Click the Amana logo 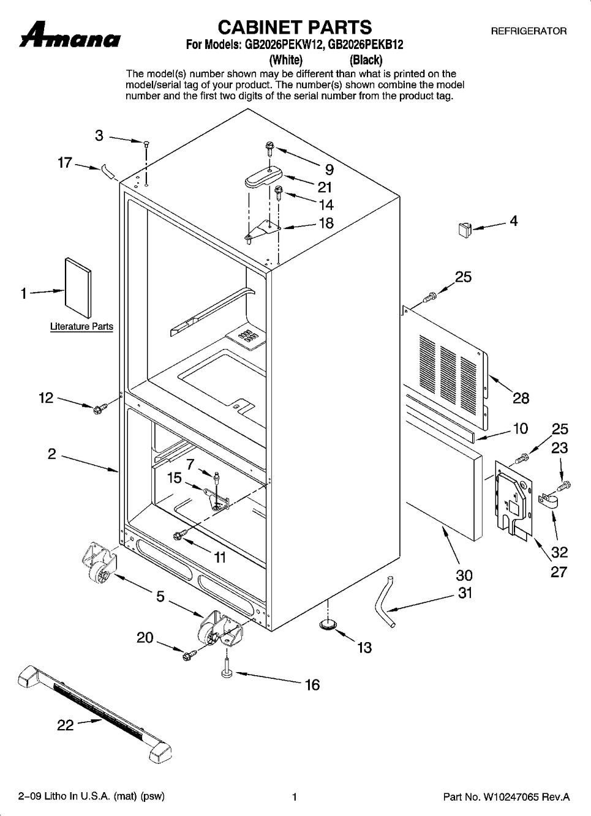point(69,35)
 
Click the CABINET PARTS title point(295,28)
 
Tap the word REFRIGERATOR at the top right point(529,31)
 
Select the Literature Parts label point(81,326)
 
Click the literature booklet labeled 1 point(78,288)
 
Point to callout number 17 point(65,163)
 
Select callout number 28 point(521,398)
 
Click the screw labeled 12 point(99,408)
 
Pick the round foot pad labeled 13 point(328,624)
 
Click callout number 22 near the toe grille point(66,733)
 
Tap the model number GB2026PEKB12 point(366,45)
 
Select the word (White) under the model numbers point(285,59)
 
